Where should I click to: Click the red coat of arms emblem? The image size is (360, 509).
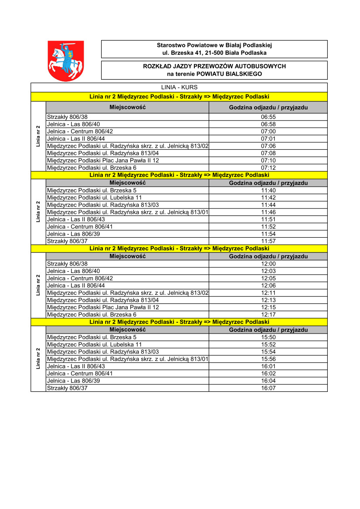(x=65, y=61)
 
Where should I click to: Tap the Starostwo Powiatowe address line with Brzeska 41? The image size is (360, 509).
(x=214, y=53)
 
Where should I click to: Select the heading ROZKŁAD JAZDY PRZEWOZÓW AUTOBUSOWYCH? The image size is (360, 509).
(x=214, y=66)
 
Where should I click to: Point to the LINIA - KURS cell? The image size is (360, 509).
(x=179, y=88)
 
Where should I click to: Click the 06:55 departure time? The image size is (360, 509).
(x=268, y=117)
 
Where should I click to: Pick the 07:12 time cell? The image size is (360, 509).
(x=268, y=168)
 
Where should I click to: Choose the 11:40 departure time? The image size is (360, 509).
(x=268, y=190)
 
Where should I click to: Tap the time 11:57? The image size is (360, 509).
(x=268, y=241)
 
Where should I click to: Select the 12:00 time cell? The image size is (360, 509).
(x=268, y=264)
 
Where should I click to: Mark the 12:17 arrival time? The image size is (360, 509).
(x=268, y=314)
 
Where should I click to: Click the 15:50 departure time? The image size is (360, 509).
(x=268, y=337)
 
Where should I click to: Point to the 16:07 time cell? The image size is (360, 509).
(x=268, y=388)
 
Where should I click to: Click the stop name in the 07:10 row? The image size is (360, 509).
(x=103, y=161)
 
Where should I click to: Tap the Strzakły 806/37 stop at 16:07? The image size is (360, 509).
(x=67, y=388)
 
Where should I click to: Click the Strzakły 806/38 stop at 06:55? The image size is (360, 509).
(x=67, y=117)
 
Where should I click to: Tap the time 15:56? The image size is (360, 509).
(x=268, y=359)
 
